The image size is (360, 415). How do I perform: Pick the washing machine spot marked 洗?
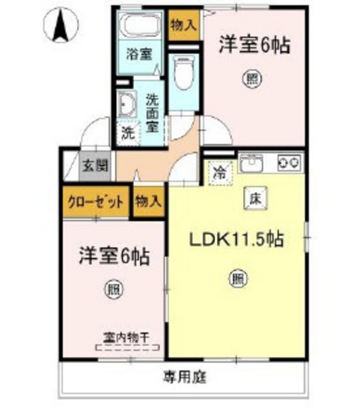(x=127, y=133)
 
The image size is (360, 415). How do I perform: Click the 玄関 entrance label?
(x=94, y=165)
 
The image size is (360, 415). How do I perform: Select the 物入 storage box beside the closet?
(x=147, y=202)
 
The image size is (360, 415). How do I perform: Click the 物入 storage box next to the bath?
(x=182, y=25)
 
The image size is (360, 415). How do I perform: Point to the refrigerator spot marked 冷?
(x=219, y=174)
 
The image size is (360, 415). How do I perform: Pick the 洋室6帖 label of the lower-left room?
(x=115, y=257)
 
